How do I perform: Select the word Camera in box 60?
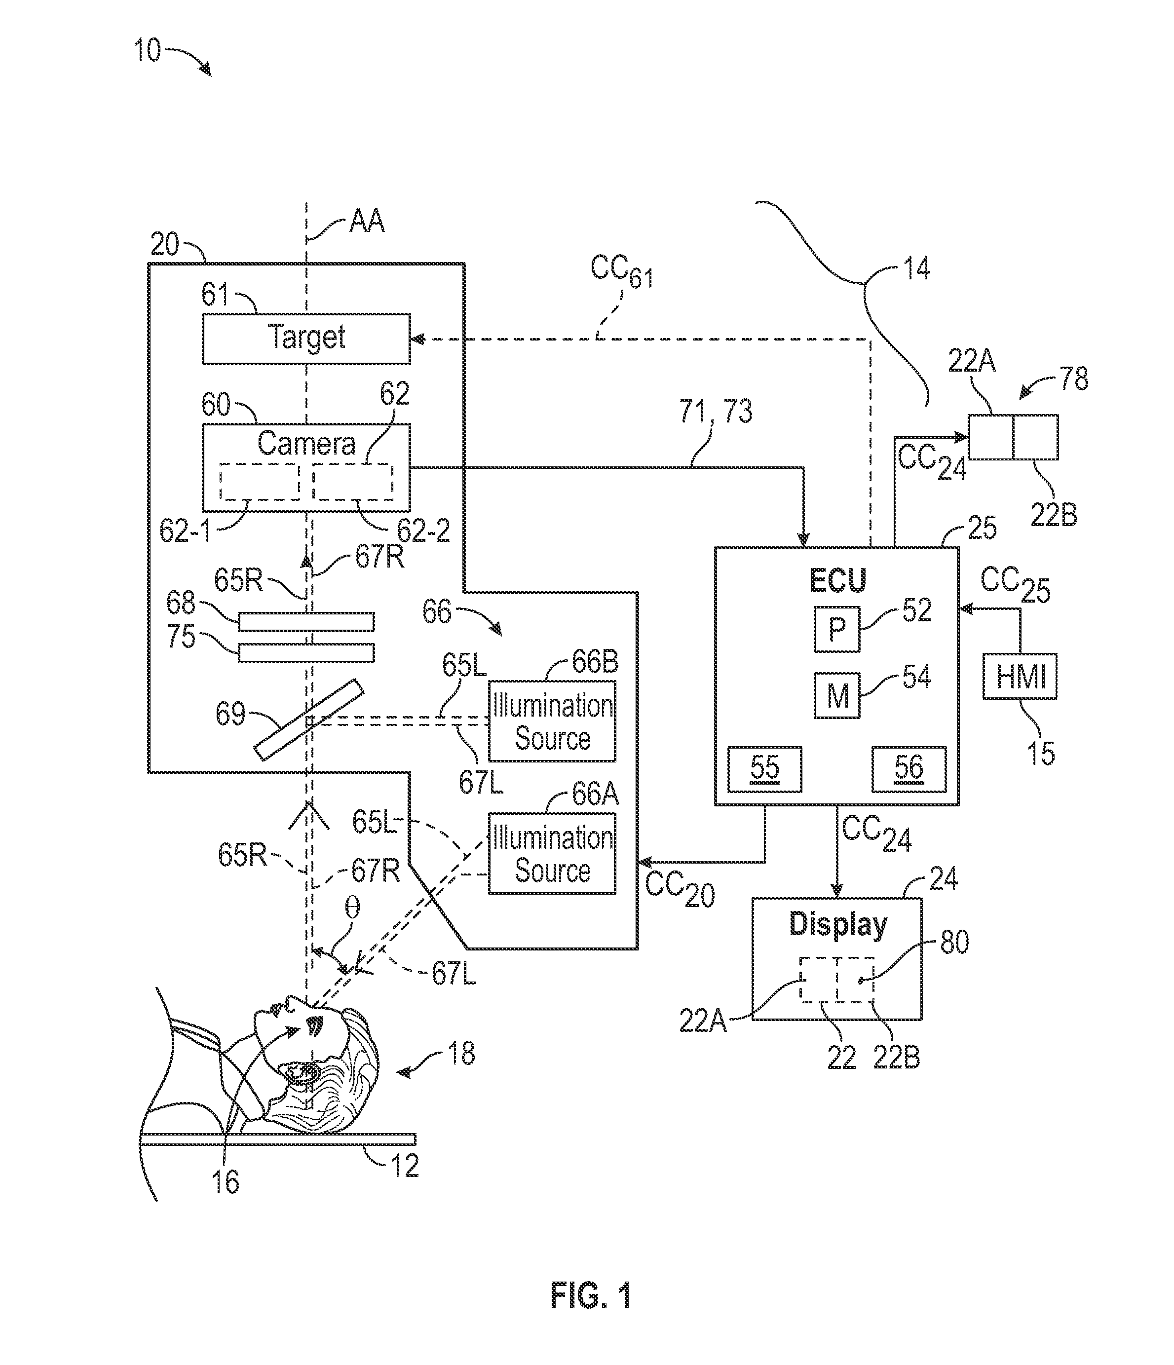click(306, 443)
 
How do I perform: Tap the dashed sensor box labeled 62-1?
click(259, 482)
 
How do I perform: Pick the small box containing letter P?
click(836, 629)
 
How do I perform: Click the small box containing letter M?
click(836, 695)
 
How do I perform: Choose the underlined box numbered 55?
click(764, 769)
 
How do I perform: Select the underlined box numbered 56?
click(909, 769)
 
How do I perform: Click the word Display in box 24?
click(838, 924)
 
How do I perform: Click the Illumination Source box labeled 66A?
click(552, 853)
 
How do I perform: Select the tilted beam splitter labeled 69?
click(309, 720)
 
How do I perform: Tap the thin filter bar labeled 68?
click(306, 622)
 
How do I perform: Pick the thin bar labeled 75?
click(306, 653)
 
